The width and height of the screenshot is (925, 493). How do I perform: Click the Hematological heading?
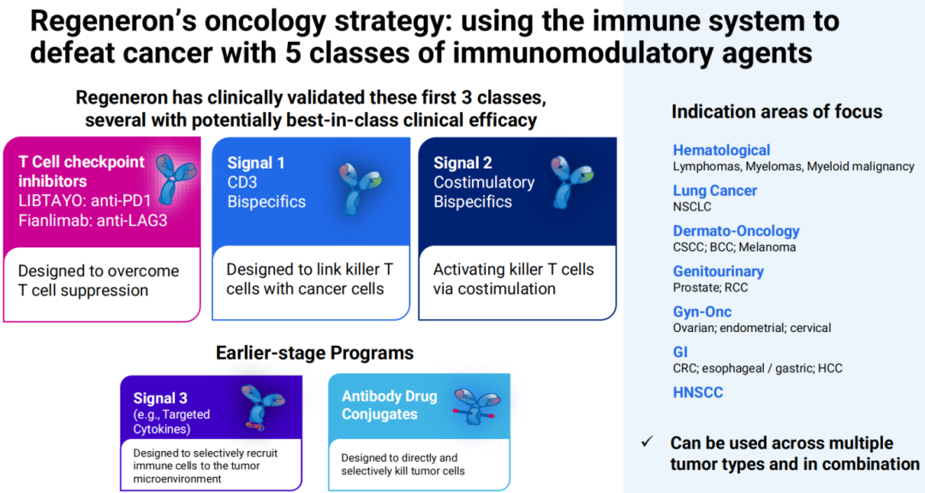[x=721, y=151]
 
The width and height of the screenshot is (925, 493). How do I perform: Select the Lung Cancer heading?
[x=714, y=191]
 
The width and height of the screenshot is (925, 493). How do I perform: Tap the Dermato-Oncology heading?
[x=737, y=231]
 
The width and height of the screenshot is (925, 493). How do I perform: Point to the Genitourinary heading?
[x=719, y=271]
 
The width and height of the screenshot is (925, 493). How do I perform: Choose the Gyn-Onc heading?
[x=702, y=312]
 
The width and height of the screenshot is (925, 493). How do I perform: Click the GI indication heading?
[x=680, y=352]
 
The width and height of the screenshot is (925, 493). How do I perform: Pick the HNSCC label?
[x=698, y=392]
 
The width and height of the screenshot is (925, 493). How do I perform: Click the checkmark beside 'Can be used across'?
[x=647, y=442]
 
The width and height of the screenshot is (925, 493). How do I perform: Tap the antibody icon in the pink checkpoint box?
[x=176, y=179]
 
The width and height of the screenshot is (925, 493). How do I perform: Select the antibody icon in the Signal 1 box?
[x=360, y=188]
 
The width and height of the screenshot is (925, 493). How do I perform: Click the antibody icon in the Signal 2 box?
[x=571, y=181]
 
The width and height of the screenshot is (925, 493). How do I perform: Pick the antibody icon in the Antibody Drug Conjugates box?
[x=474, y=407]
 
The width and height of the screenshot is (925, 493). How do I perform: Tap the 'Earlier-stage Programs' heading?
[x=314, y=353]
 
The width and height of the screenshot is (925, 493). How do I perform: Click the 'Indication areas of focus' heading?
[x=777, y=111]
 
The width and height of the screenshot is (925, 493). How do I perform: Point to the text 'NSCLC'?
[x=692, y=207]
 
